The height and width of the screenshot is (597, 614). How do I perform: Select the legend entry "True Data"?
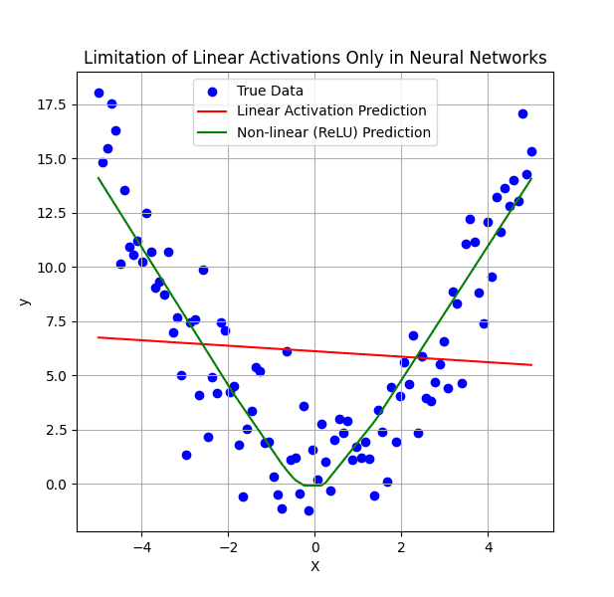point(270,91)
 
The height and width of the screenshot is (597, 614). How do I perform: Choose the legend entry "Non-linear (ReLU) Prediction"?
point(333,132)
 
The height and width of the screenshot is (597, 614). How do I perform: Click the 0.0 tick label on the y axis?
point(56,485)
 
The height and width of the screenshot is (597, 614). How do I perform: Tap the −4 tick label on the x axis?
point(141,547)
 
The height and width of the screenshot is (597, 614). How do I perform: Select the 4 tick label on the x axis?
point(489,547)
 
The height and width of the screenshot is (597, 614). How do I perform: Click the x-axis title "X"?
point(314,567)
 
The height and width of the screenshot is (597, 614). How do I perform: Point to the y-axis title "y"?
point(24,300)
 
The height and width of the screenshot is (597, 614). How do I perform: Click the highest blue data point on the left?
point(99,93)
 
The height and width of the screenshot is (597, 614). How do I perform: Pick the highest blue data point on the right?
point(522,113)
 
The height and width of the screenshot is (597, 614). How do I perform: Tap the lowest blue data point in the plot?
point(308,510)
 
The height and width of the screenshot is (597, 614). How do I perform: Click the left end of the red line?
point(99,337)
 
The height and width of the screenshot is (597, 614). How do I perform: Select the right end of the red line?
point(531,364)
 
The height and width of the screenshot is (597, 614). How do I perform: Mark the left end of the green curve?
point(99,178)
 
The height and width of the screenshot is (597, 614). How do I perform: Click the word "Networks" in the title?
point(510,58)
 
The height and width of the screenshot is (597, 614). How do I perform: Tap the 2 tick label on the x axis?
point(401,547)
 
